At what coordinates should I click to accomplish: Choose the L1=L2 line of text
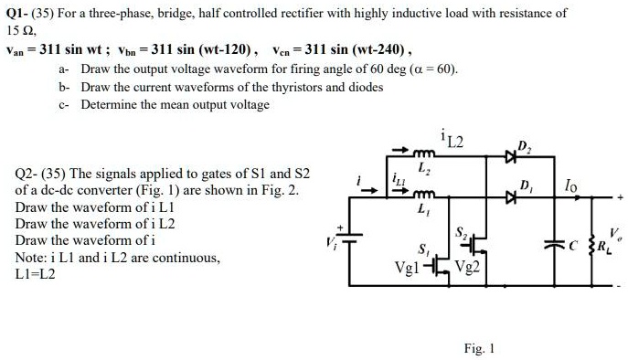point(36,273)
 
